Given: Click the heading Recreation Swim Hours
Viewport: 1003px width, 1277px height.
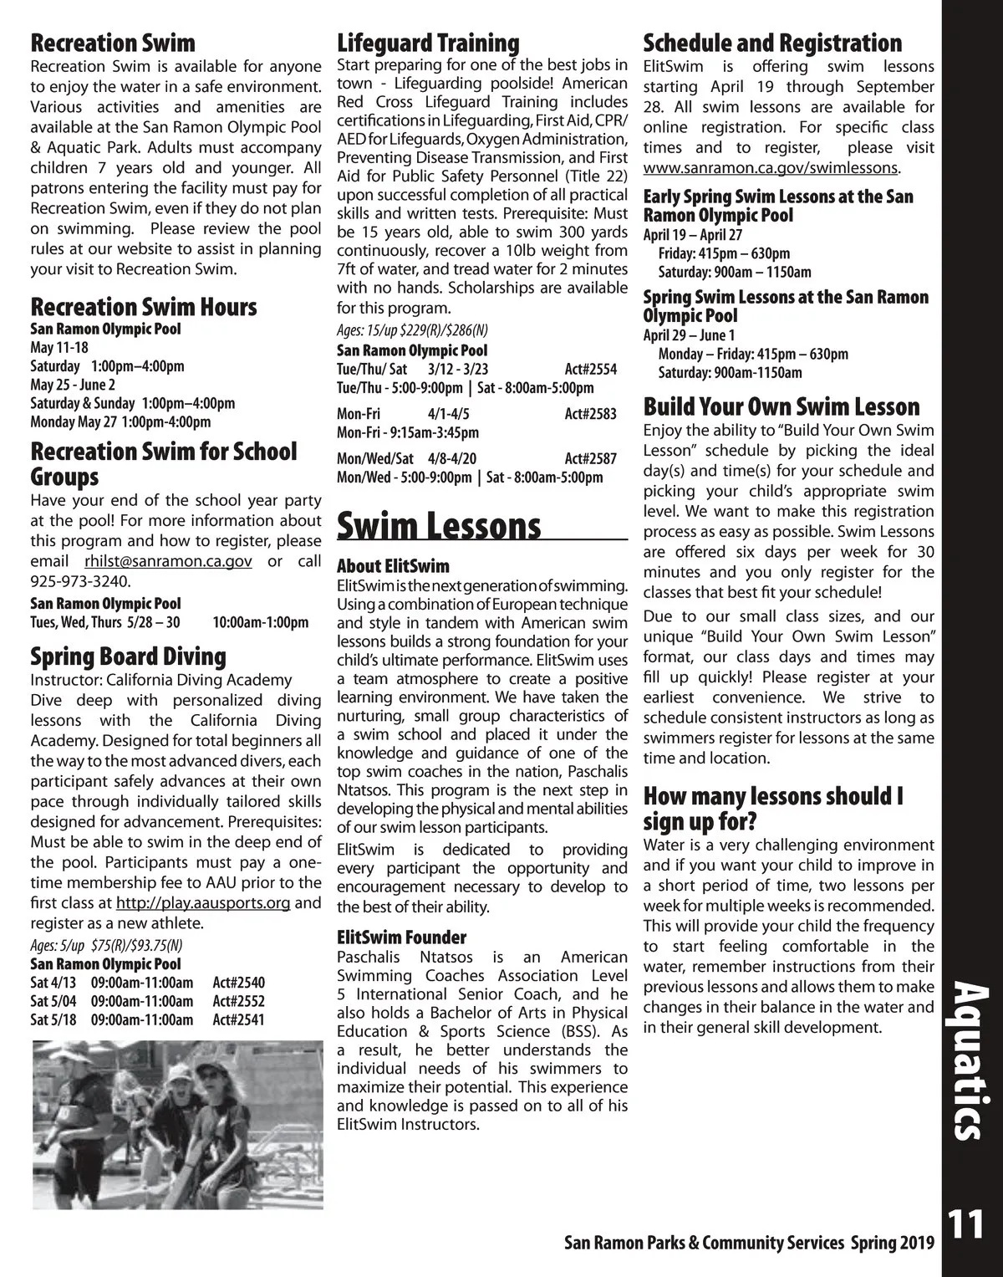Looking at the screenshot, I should click(x=144, y=307).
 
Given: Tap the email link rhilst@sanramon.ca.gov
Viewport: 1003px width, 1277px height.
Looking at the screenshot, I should click(x=168, y=561).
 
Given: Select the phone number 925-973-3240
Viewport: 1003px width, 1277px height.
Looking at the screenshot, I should click(x=80, y=581).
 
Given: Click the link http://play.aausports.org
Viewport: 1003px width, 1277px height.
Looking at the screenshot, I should click(x=203, y=903).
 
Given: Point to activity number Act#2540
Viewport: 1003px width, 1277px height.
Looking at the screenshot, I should click(x=238, y=983).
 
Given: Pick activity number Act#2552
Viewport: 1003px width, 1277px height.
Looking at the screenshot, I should click(x=238, y=1001).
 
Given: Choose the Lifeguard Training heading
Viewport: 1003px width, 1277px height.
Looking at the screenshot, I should click(x=428, y=43).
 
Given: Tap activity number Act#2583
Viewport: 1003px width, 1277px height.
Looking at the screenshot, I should click(x=590, y=414).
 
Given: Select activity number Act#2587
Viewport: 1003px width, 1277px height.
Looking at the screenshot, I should click(x=590, y=458).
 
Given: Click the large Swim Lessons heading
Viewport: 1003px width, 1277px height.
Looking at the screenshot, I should click(x=439, y=526).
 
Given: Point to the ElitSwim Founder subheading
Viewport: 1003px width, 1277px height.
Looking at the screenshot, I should click(x=401, y=937).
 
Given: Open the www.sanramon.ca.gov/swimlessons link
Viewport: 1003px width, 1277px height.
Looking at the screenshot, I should click(x=770, y=168).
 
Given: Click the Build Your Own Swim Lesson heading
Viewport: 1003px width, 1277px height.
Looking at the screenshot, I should click(x=782, y=407).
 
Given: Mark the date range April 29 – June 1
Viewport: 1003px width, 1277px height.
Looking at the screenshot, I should click(x=689, y=335).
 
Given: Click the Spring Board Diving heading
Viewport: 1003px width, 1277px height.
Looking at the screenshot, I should click(x=128, y=656).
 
